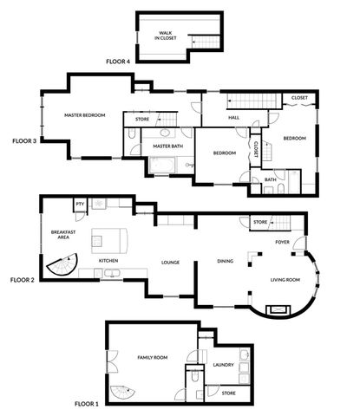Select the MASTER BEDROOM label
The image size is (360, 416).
point(84,115)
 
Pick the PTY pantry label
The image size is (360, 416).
point(80,205)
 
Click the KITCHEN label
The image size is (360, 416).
point(108,260)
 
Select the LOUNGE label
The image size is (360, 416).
point(169,261)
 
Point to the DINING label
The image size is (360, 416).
point(225,261)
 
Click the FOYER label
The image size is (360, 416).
point(282,242)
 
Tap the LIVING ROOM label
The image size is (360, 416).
point(285,278)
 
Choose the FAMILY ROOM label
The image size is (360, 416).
point(153,357)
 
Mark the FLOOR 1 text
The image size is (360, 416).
point(87,404)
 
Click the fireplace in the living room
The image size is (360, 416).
point(279,308)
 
